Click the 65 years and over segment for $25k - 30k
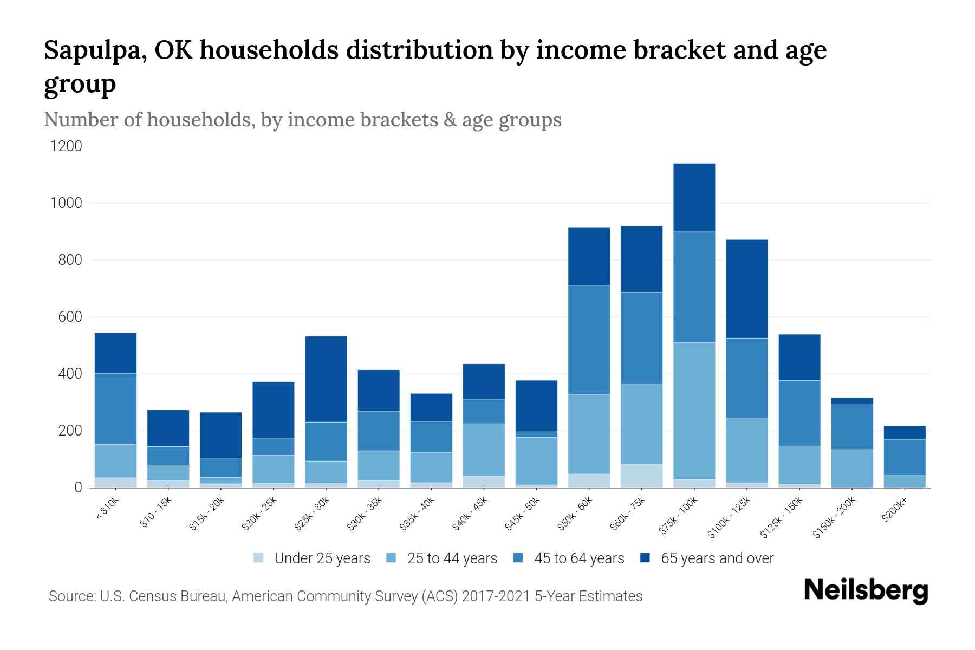(x=326, y=379)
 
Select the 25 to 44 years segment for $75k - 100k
(x=694, y=411)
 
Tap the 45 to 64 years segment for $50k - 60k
(x=589, y=340)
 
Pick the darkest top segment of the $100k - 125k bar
(x=746, y=289)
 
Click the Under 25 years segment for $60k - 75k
(x=641, y=476)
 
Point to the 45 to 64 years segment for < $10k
(x=115, y=409)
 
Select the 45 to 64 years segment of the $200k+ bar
(x=905, y=457)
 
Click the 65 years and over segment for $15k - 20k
(x=220, y=435)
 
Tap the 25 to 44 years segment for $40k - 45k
(x=484, y=450)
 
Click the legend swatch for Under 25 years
(x=259, y=557)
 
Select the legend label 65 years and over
(x=717, y=558)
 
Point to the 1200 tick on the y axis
(x=66, y=146)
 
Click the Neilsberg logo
(x=866, y=591)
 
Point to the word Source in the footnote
(x=71, y=596)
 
